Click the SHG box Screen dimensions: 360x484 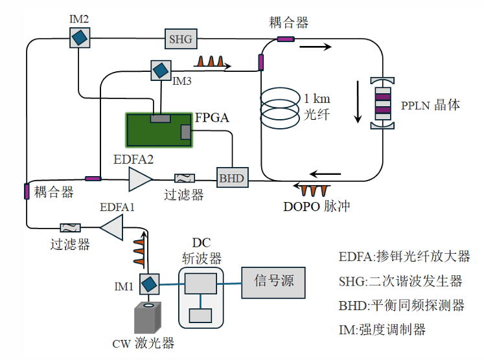[x=181, y=39]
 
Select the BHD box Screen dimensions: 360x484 [x=229, y=177]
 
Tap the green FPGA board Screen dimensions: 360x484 [x=159, y=129]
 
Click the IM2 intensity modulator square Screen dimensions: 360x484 [x=79, y=38]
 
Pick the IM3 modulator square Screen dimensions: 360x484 [x=159, y=69]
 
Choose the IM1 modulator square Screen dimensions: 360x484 [x=148, y=284]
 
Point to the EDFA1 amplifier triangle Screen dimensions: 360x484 [x=113, y=227]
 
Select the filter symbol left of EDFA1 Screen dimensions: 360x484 [x=69, y=227]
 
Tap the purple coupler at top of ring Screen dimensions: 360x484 [x=286, y=41]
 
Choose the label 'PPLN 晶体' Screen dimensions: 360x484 [x=430, y=104]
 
